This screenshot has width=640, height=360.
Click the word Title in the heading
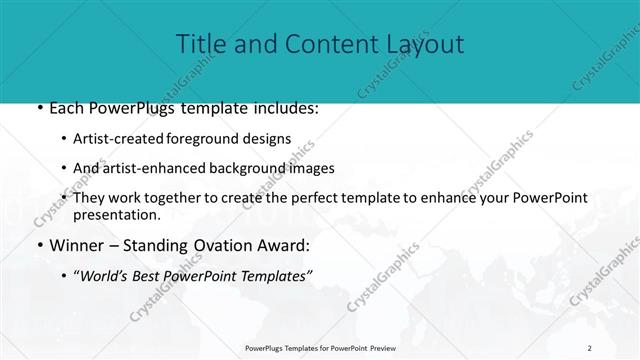(x=199, y=44)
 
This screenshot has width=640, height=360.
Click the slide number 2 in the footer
(x=589, y=347)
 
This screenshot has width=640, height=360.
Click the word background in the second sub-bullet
(x=245, y=168)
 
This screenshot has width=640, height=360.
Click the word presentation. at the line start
(x=116, y=214)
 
